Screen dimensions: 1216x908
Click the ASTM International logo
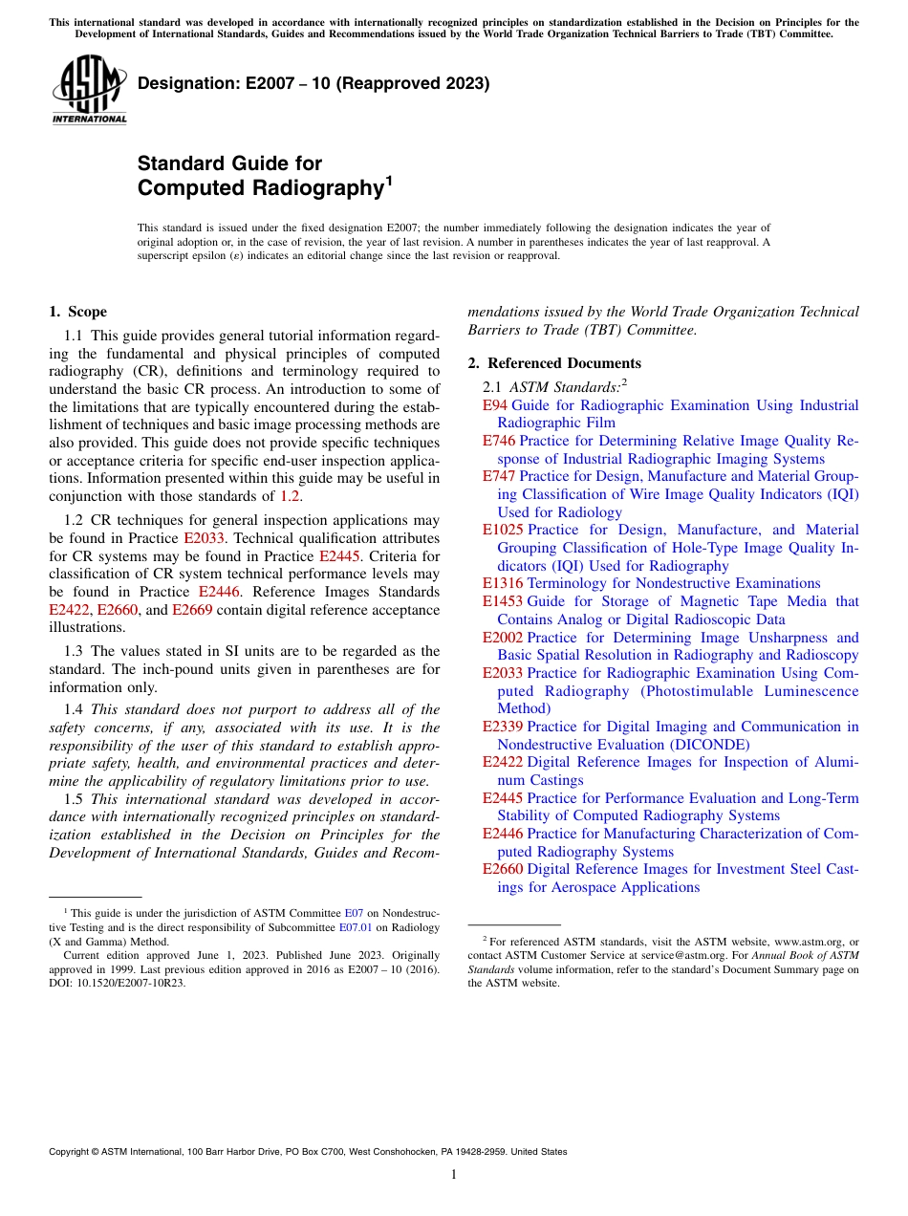(89, 90)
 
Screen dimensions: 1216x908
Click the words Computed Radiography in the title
(260, 188)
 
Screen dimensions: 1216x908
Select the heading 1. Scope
(77, 312)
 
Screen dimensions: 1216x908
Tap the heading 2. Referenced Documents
(554, 363)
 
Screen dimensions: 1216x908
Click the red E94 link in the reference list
(495, 405)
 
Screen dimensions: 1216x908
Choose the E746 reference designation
(499, 441)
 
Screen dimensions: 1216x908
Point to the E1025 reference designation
(503, 530)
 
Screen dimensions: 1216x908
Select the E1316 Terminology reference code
(503, 583)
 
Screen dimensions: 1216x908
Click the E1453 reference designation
(503, 601)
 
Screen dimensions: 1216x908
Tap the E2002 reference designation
(503, 638)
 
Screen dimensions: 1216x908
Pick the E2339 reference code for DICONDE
(503, 727)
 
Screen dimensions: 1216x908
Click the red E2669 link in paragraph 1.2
(192, 610)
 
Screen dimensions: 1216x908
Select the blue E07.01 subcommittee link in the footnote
(355, 926)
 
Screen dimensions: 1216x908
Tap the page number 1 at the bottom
(454, 1174)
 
